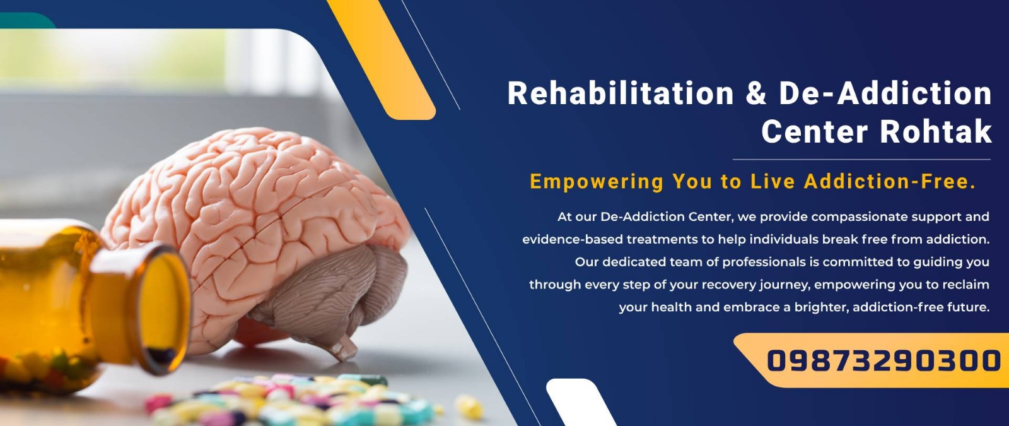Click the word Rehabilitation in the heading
point(621,93)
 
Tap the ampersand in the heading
point(756,93)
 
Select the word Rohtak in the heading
point(936,131)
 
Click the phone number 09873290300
point(884,361)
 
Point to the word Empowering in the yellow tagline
point(597,182)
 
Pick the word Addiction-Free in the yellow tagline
point(890,181)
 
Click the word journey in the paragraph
point(784,285)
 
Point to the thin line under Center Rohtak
point(861,160)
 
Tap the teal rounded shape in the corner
point(27,20)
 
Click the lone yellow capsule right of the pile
point(469,406)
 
